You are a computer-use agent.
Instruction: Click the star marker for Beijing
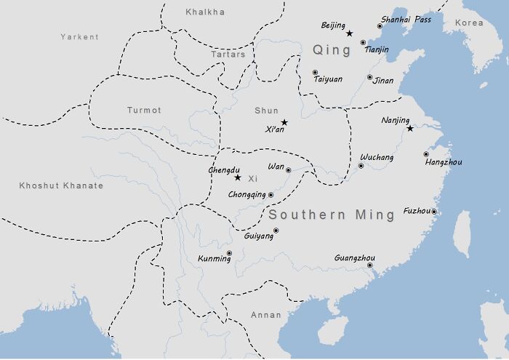pos(350,33)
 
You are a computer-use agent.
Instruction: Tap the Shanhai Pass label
pos(406,20)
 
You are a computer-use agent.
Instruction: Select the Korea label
pos(469,23)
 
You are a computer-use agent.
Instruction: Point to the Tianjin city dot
pos(364,43)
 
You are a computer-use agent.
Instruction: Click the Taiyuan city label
pos(328,79)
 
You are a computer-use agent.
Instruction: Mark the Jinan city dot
pos(369,77)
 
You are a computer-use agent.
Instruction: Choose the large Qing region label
pos(332,49)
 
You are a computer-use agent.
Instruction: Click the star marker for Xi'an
pos(284,122)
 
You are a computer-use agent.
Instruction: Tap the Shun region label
pos(266,111)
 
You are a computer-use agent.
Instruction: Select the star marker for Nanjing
pos(410,129)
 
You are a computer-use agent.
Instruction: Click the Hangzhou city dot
pos(426,154)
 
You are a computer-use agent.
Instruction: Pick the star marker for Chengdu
pos(237,177)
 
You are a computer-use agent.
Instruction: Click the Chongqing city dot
pos(270,195)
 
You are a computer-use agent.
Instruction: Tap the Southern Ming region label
pos(331,215)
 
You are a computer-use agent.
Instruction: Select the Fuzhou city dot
pos(434,212)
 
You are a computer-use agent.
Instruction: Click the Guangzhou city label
pos(354,258)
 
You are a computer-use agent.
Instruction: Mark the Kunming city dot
pos(229,253)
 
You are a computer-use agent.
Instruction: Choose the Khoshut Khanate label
pos(61,186)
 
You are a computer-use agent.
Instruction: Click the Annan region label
pos(265,315)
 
